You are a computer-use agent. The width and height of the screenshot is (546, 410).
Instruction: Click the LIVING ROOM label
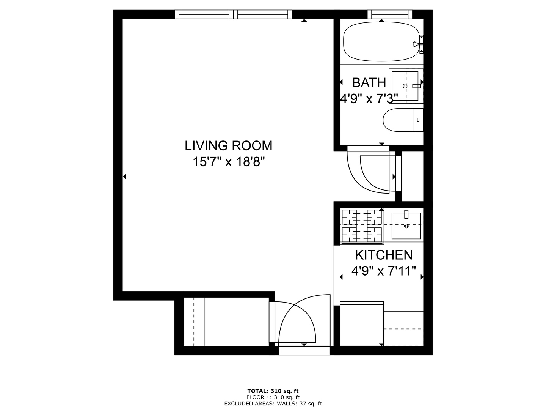tap(228, 146)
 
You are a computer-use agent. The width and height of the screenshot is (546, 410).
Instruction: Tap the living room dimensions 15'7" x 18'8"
tap(228, 162)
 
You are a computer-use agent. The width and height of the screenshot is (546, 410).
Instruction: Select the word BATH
tap(369, 83)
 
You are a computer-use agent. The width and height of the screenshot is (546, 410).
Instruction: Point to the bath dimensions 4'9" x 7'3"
tap(367, 99)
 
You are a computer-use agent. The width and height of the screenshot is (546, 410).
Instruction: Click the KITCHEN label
tap(384, 255)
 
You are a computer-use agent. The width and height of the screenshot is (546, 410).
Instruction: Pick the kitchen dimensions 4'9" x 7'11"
tap(384, 271)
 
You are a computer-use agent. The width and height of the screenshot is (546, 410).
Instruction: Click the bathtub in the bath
tap(381, 41)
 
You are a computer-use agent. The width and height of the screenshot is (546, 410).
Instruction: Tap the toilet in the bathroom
tap(403, 120)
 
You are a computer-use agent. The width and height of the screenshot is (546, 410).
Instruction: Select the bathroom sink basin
tap(405, 86)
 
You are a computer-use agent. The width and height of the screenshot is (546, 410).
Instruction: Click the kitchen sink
tap(406, 226)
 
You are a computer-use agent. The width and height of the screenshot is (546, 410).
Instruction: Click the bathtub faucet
tap(418, 44)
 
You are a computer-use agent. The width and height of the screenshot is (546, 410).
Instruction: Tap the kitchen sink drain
tap(406, 226)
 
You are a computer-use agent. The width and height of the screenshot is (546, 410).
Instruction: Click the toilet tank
tap(418, 120)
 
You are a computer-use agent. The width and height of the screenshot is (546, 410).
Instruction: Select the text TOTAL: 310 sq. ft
tap(273, 391)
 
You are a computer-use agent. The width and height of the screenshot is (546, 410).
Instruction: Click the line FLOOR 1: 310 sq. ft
tap(273, 397)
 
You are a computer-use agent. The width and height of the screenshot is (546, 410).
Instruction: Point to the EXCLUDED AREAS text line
tap(273, 404)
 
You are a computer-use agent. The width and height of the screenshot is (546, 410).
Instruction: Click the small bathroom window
tap(390, 14)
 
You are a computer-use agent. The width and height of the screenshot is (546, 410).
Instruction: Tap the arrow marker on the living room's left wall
tap(125, 177)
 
